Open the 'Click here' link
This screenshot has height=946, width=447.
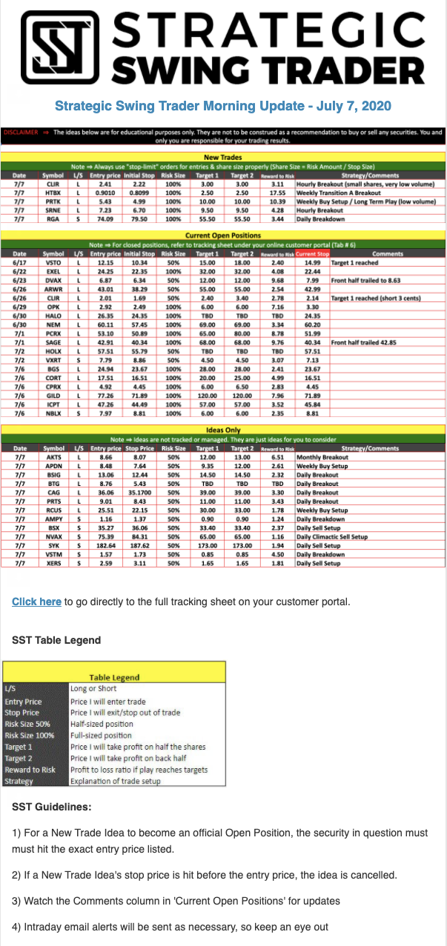pyautogui.click(x=36, y=602)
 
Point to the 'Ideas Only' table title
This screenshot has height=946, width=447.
pyautogui.click(x=223, y=430)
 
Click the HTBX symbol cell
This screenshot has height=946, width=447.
pyautogui.click(x=53, y=192)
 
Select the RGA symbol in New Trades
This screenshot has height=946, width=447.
pyautogui.click(x=53, y=219)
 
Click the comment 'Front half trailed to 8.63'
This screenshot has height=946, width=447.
pyautogui.click(x=371, y=281)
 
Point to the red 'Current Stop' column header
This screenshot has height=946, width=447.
pyautogui.click(x=312, y=253)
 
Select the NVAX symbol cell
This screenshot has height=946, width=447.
pyautogui.click(x=53, y=536)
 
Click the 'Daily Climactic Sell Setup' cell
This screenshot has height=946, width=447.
pyautogui.click(x=332, y=536)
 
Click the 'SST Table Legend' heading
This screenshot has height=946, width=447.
pyautogui.click(x=56, y=639)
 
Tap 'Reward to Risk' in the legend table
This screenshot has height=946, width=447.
pyautogui.click(x=30, y=770)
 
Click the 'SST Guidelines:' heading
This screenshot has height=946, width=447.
pyautogui.click(x=52, y=806)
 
